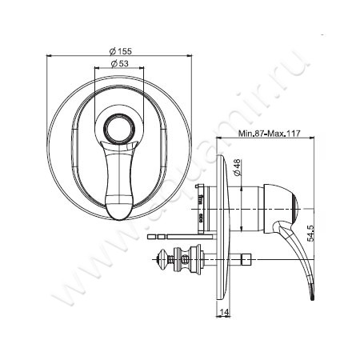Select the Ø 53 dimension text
[119, 63]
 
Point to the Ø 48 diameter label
[238, 170]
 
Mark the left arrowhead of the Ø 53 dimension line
[98, 69]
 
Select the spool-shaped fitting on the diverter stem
[190, 258]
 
